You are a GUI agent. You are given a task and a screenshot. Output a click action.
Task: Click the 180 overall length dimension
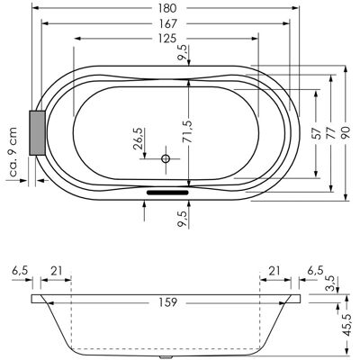[x=166, y=8]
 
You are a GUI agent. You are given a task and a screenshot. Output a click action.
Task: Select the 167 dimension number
[x=166, y=23]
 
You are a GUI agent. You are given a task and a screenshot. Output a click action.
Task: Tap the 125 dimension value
[x=166, y=39]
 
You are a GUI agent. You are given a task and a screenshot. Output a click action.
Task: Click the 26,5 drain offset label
[x=139, y=139]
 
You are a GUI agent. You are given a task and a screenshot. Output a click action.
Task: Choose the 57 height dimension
[x=317, y=132]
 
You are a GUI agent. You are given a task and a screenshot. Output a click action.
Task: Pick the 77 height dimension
[x=331, y=132]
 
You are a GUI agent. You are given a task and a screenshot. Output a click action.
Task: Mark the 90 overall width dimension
[x=346, y=132]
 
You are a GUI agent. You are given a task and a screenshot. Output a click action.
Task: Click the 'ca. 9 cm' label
[x=13, y=152]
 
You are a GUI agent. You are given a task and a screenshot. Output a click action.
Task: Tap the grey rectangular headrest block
[x=37, y=132]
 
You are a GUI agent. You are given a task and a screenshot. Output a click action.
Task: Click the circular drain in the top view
[x=166, y=158]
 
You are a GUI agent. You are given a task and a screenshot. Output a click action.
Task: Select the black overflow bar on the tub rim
[x=167, y=192]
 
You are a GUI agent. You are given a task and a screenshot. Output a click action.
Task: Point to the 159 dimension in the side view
[x=166, y=302]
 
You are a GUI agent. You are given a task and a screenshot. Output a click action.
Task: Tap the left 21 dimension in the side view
[x=56, y=271]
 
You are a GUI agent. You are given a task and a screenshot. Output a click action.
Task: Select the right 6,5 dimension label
[x=315, y=271]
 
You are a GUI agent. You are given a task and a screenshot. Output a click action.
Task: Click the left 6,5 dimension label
[x=20, y=271]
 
